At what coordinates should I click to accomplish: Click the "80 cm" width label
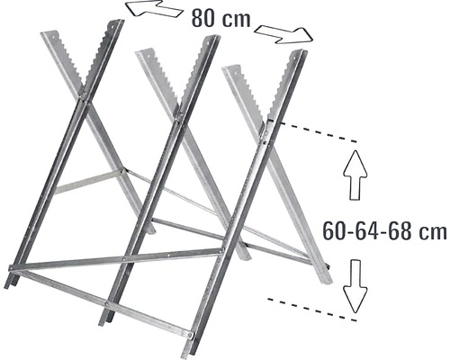pyautogui.click(x=221, y=19)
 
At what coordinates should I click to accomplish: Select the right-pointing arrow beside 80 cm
pyautogui.click(x=283, y=34)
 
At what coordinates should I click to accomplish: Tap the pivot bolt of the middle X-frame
pyautogui.click(x=178, y=113)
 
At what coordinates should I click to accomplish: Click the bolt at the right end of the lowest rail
pyautogui.click(x=190, y=333)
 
